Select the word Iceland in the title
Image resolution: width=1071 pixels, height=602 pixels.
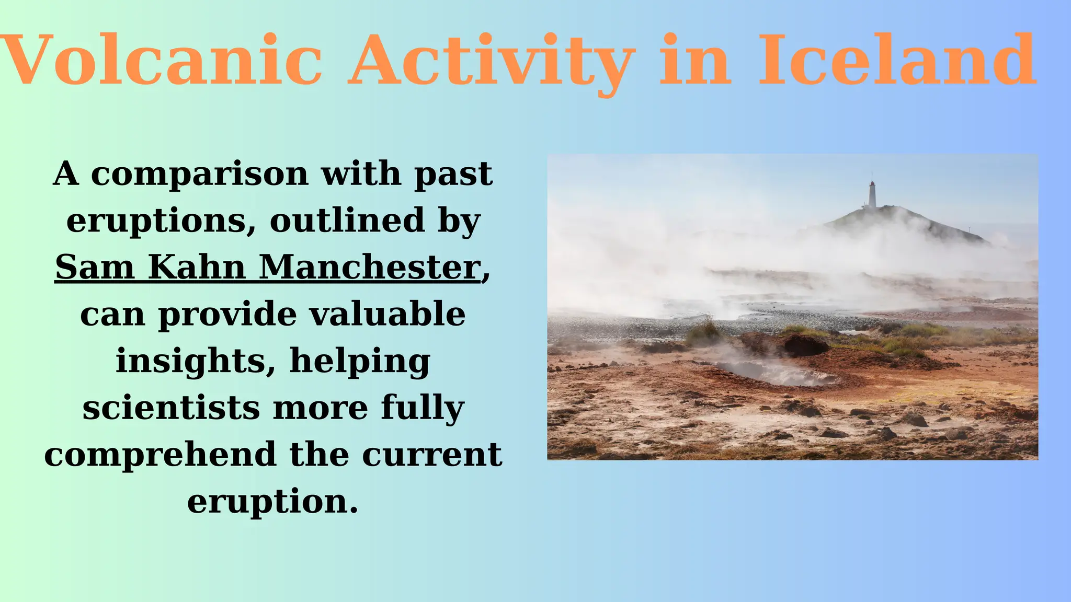[x=896, y=60]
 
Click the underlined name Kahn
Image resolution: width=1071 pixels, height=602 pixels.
[x=197, y=268]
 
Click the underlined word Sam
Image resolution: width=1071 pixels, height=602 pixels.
[x=95, y=268]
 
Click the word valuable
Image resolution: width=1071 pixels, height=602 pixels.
[x=387, y=315]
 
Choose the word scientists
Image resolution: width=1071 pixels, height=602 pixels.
[x=171, y=408]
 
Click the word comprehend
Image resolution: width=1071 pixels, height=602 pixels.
[x=160, y=455]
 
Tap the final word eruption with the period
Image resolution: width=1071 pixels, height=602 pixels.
[x=273, y=502]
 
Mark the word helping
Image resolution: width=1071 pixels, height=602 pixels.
[x=360, y=362]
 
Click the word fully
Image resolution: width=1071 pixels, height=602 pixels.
[x=422, y=408]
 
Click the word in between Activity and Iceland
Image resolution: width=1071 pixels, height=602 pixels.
[x=694, y=60]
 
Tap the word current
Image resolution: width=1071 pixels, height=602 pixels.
[x=432, y=455]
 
